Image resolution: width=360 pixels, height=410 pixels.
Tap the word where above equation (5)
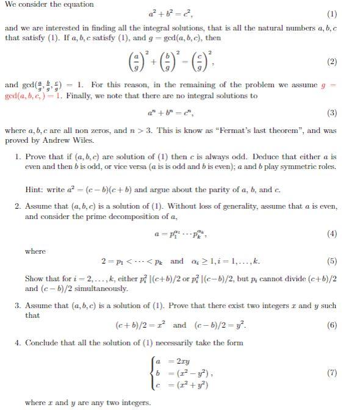coord(35,250)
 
